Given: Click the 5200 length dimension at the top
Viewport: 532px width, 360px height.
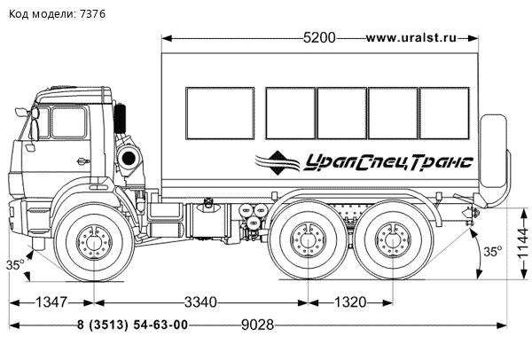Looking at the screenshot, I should point(319,38).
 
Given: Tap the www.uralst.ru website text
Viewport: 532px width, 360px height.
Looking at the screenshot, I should point(411,38).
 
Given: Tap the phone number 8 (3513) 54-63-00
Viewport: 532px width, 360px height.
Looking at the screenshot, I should point(132,325).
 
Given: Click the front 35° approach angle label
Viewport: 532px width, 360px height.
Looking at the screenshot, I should point(16,264).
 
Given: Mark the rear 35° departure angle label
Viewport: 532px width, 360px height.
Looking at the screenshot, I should point(492,252).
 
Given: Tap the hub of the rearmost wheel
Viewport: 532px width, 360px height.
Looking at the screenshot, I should point(390,239).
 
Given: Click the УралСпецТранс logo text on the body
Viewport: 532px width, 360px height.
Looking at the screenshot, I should point(388,160).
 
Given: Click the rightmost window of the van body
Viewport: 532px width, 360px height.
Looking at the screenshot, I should point(444,113).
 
